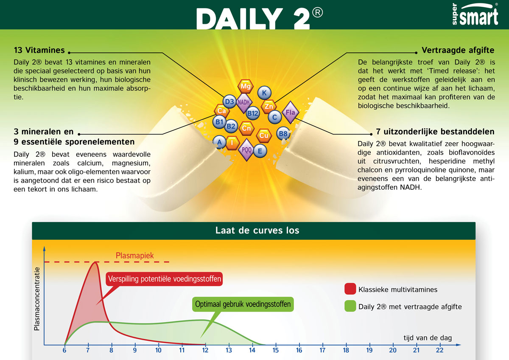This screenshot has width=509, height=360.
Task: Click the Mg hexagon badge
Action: tap(246, 86)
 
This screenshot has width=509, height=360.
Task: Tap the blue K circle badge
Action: tap(264, 93)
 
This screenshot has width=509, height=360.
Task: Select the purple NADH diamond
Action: tap(243, 103)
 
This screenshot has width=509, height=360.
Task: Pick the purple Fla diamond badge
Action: tap(290, 112)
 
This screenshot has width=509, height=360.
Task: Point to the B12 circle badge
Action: tap(252, 113)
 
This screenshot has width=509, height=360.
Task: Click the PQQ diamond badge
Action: tap(246, 150)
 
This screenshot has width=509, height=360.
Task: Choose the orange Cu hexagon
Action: tap(263, 135)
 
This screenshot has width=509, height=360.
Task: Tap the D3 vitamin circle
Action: tap(229, 101)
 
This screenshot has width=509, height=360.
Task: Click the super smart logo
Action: tap(475, 14)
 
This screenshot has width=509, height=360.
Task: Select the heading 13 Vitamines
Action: tap(39, 50)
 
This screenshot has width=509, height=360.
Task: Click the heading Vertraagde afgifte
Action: tap(458, 50)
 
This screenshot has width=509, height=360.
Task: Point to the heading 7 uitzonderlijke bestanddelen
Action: tap(435, 132)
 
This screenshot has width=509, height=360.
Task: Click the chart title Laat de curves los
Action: tap(257, 231)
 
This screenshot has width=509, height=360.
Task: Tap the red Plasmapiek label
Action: tap(135, 256)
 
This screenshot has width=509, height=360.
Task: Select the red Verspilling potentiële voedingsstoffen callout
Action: tap(164, 279)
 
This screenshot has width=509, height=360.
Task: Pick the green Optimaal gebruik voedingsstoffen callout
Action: tap(243, 304)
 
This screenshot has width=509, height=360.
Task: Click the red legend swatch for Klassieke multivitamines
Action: tap(350, 289)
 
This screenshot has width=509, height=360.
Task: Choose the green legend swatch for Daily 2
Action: tap(350, 306)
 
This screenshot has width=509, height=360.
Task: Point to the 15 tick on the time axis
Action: tap(276, 350)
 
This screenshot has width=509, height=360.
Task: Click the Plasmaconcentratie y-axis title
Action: tap(37, 299)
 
